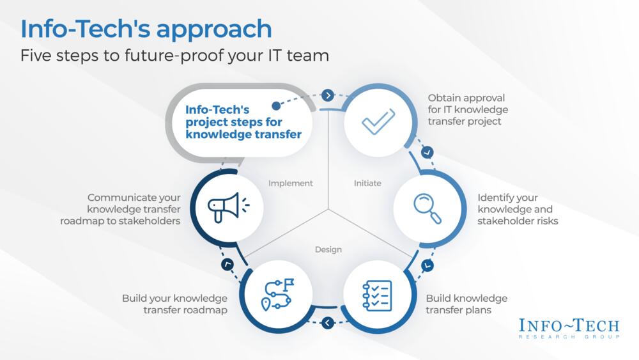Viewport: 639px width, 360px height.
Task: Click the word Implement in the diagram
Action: [x=291, y=183]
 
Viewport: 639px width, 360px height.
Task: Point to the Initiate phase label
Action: [x=367, y=183]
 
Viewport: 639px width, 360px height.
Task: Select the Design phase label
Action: [x=328, y=249]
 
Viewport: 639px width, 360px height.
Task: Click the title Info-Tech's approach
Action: [x=146, y=29]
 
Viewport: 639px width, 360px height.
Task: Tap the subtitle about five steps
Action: [x=174, y=56]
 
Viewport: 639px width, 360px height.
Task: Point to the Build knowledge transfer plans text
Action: [x=466, y=304]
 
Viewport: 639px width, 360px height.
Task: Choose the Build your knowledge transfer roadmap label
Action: [x=174, y=304]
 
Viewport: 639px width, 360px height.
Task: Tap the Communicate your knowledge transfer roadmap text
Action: [x=134, y=209]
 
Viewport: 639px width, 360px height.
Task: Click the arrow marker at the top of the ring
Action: [x=328, y=95]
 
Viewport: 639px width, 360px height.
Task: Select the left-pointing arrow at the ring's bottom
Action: [x=328, y=323]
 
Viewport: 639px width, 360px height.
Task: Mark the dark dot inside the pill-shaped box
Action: [x=276, y=106]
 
